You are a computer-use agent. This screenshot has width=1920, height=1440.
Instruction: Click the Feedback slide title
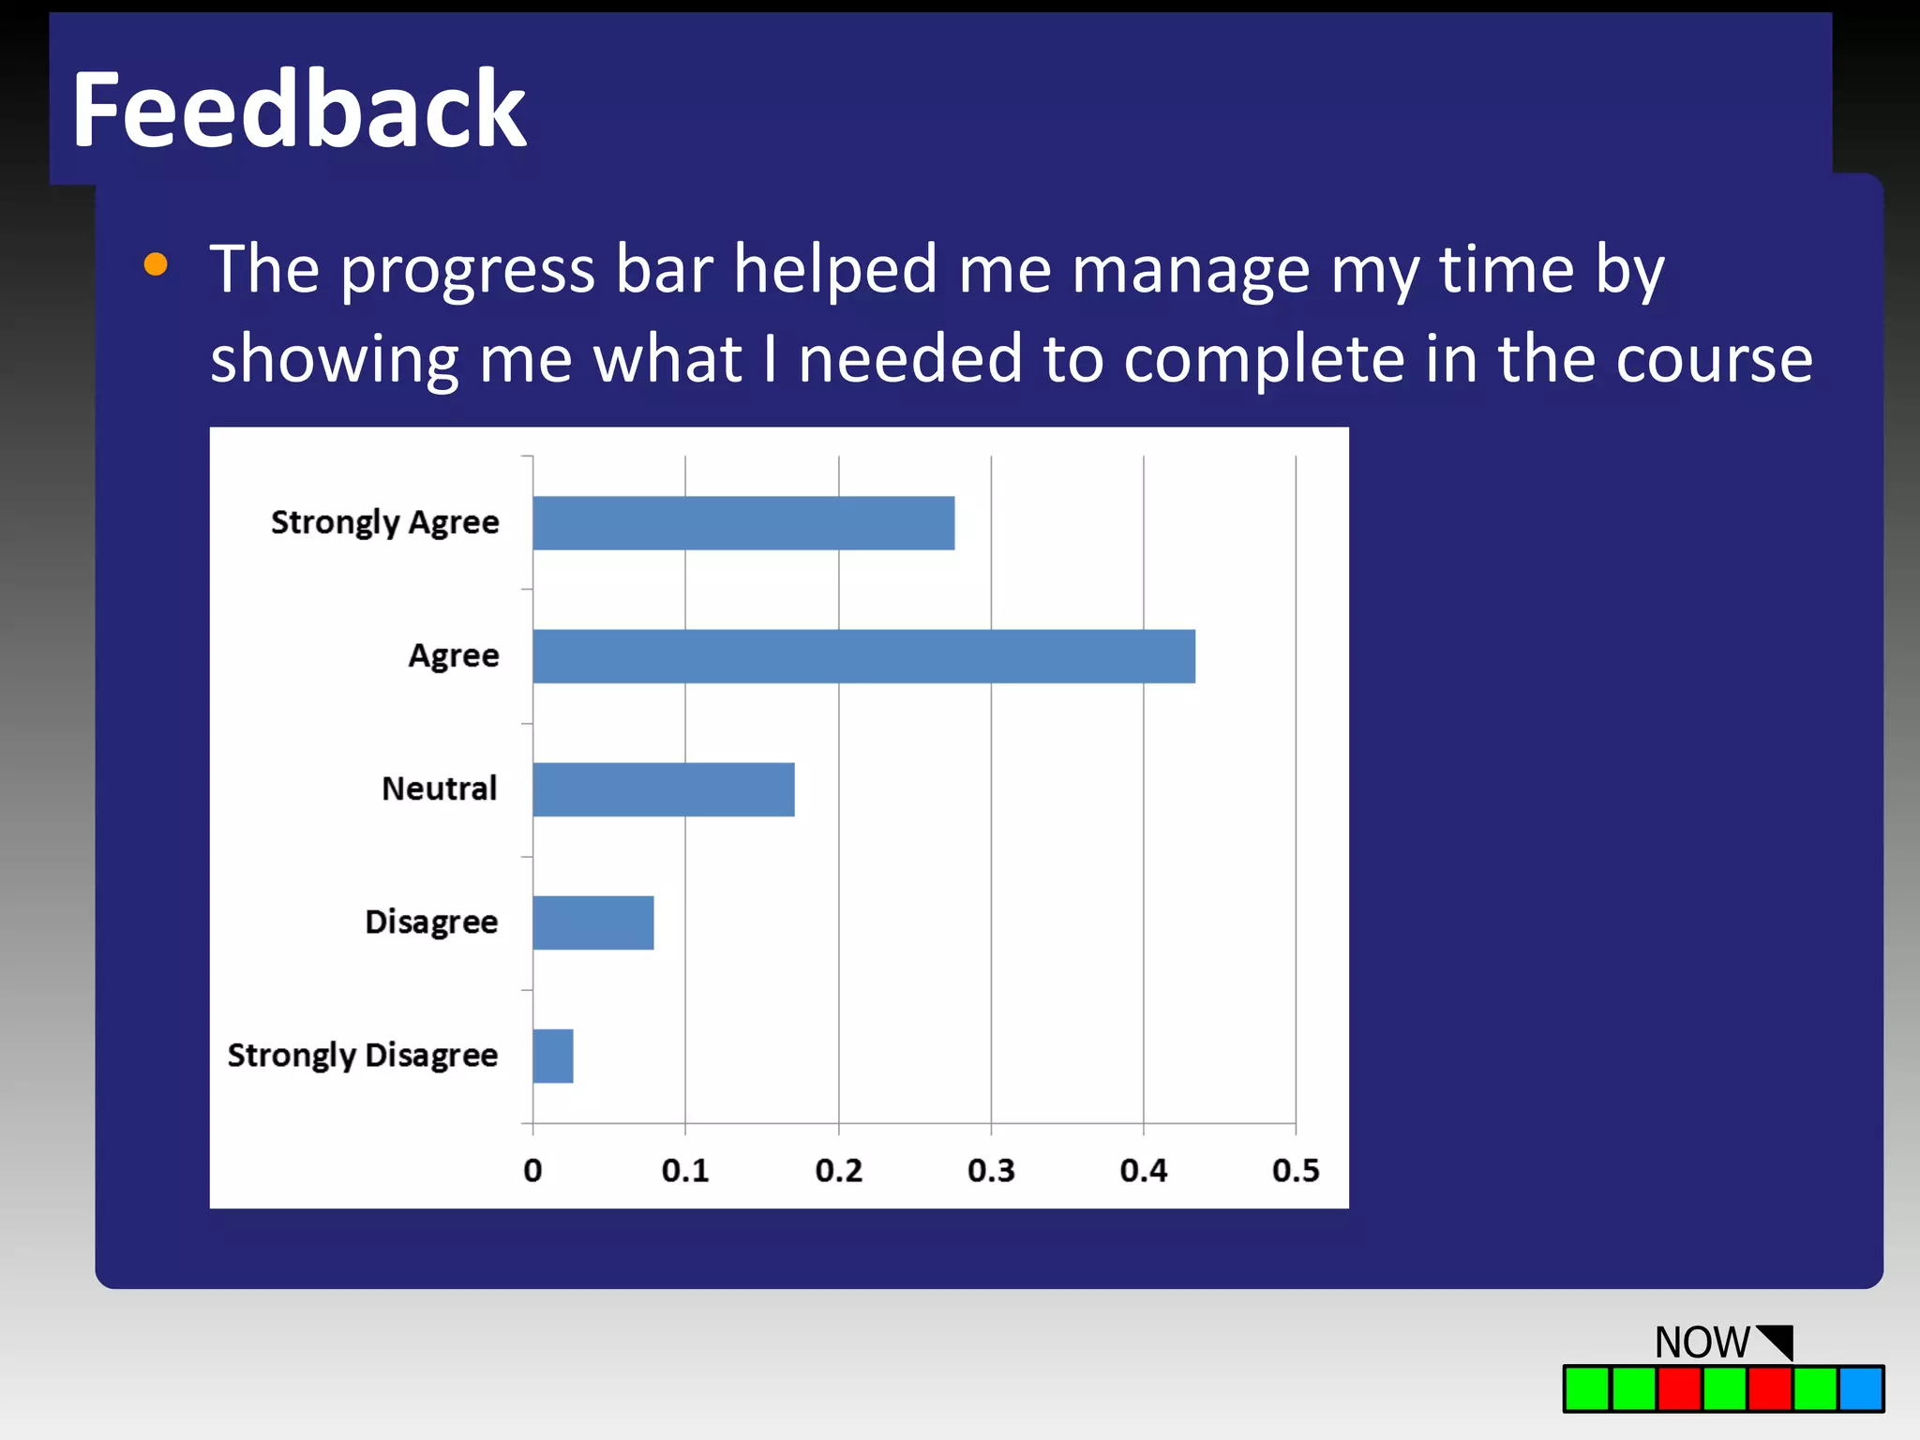click(x=298, y=111)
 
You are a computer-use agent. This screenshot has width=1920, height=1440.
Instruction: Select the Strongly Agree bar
click(x=743, y=523)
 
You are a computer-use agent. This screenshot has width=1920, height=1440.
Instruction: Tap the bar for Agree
click(x=863, y=656)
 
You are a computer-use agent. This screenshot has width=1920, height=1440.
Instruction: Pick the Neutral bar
click(x=664, y=789)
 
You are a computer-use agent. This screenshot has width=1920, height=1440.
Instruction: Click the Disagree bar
click(x=593, y=922)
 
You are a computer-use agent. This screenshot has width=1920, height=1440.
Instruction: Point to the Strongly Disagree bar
click(x=553, y=1056)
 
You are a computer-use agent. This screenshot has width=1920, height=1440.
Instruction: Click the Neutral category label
click(x=439, y=788)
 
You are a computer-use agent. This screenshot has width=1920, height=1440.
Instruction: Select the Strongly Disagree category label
click(x=363, y=1056)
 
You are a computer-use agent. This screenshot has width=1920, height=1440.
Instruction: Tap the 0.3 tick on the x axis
click(x=991, y=1170)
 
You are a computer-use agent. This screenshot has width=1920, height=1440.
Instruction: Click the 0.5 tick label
click(x=1296, y=1170)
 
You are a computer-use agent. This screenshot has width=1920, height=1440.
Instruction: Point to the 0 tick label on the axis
click(x=532, y=1170)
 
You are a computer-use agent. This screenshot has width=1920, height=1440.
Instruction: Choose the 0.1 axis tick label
click(x=685, y=1170)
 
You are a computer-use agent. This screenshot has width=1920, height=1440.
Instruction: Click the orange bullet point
click(x=156, y=265)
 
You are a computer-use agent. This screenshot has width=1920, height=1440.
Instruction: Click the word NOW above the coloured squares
click(x=1702, y=1342)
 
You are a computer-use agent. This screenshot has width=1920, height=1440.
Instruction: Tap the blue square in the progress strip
click(x=1861, y=1388)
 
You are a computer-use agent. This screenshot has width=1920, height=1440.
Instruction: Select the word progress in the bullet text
click(x=467, y=270)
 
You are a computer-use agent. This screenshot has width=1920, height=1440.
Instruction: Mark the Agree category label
click(x=454, y=655)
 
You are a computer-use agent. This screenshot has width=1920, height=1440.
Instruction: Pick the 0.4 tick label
click(x=1144, y=1170)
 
